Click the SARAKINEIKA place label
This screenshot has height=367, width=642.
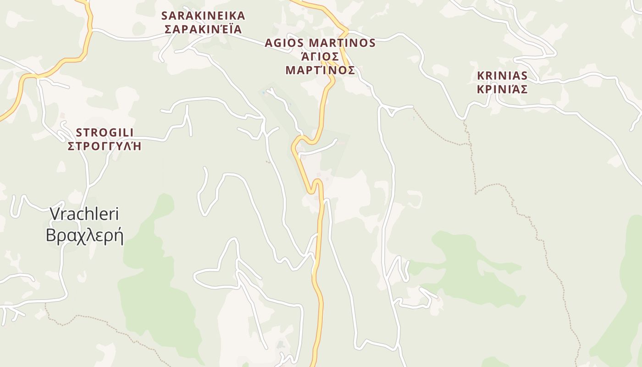click(203, 16)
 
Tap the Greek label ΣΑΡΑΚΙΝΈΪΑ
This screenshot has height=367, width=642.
click(203, 29)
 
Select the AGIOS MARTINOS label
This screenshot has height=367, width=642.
click(320, 43)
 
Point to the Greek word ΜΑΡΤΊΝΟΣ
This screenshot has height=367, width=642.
click(320, 70)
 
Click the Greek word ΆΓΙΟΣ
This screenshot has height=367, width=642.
click(320, 56)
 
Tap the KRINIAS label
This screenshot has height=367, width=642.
click(502, 75)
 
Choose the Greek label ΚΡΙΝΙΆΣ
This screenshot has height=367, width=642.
click(502, 89)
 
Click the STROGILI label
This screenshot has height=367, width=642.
click(105, 133)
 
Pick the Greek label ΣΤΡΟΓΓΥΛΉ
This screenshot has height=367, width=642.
click(105, 146)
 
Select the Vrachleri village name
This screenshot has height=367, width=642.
click(84, 214)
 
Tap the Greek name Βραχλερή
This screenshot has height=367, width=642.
click(84, 235)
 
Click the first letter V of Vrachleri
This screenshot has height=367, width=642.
click(55, 214)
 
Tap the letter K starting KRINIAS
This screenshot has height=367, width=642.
click(481, 75)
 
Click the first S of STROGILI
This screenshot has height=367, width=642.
click(79, 133)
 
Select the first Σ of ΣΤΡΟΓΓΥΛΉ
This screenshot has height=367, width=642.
click(71, 146)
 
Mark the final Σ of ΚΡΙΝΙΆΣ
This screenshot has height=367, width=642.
click(524, 89)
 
